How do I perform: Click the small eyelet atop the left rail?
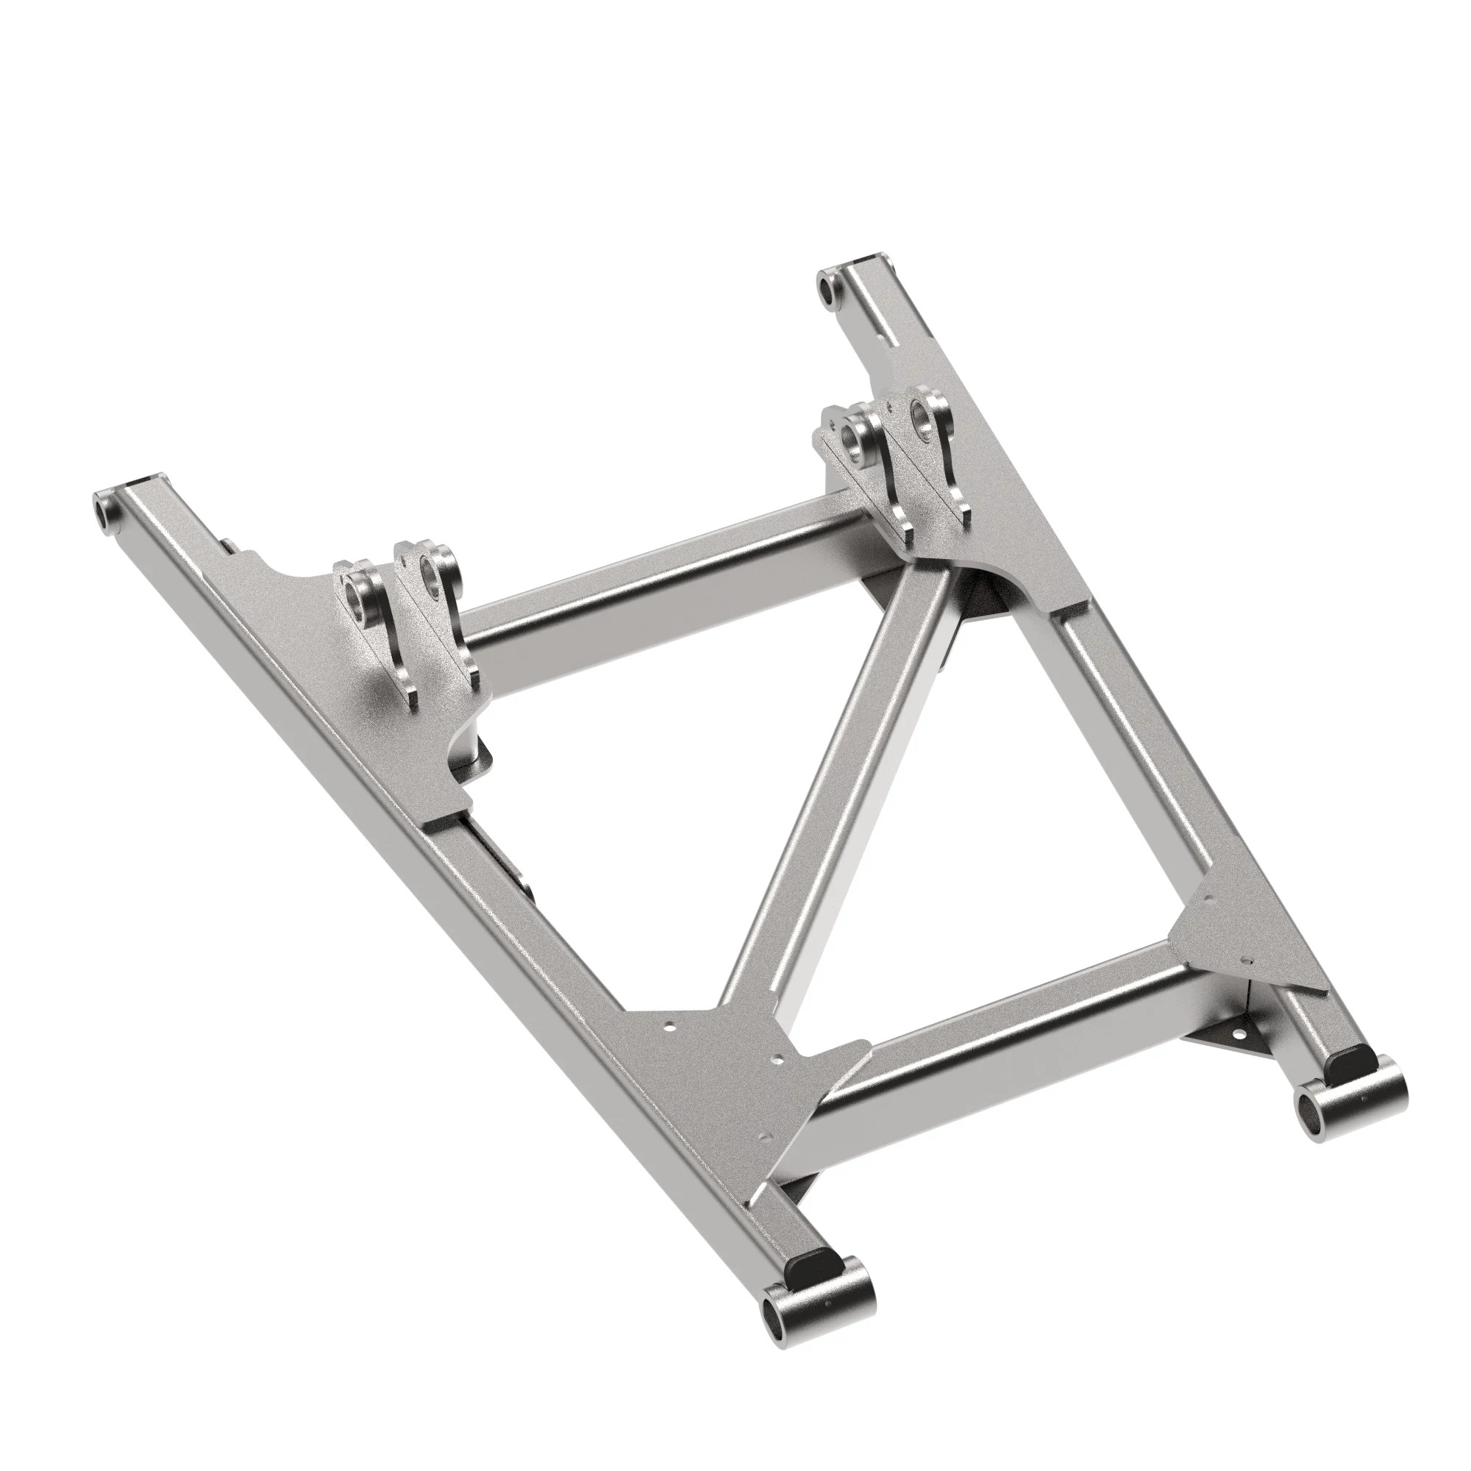coord(102,506)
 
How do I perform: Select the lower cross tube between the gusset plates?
coord(1013,1051)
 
